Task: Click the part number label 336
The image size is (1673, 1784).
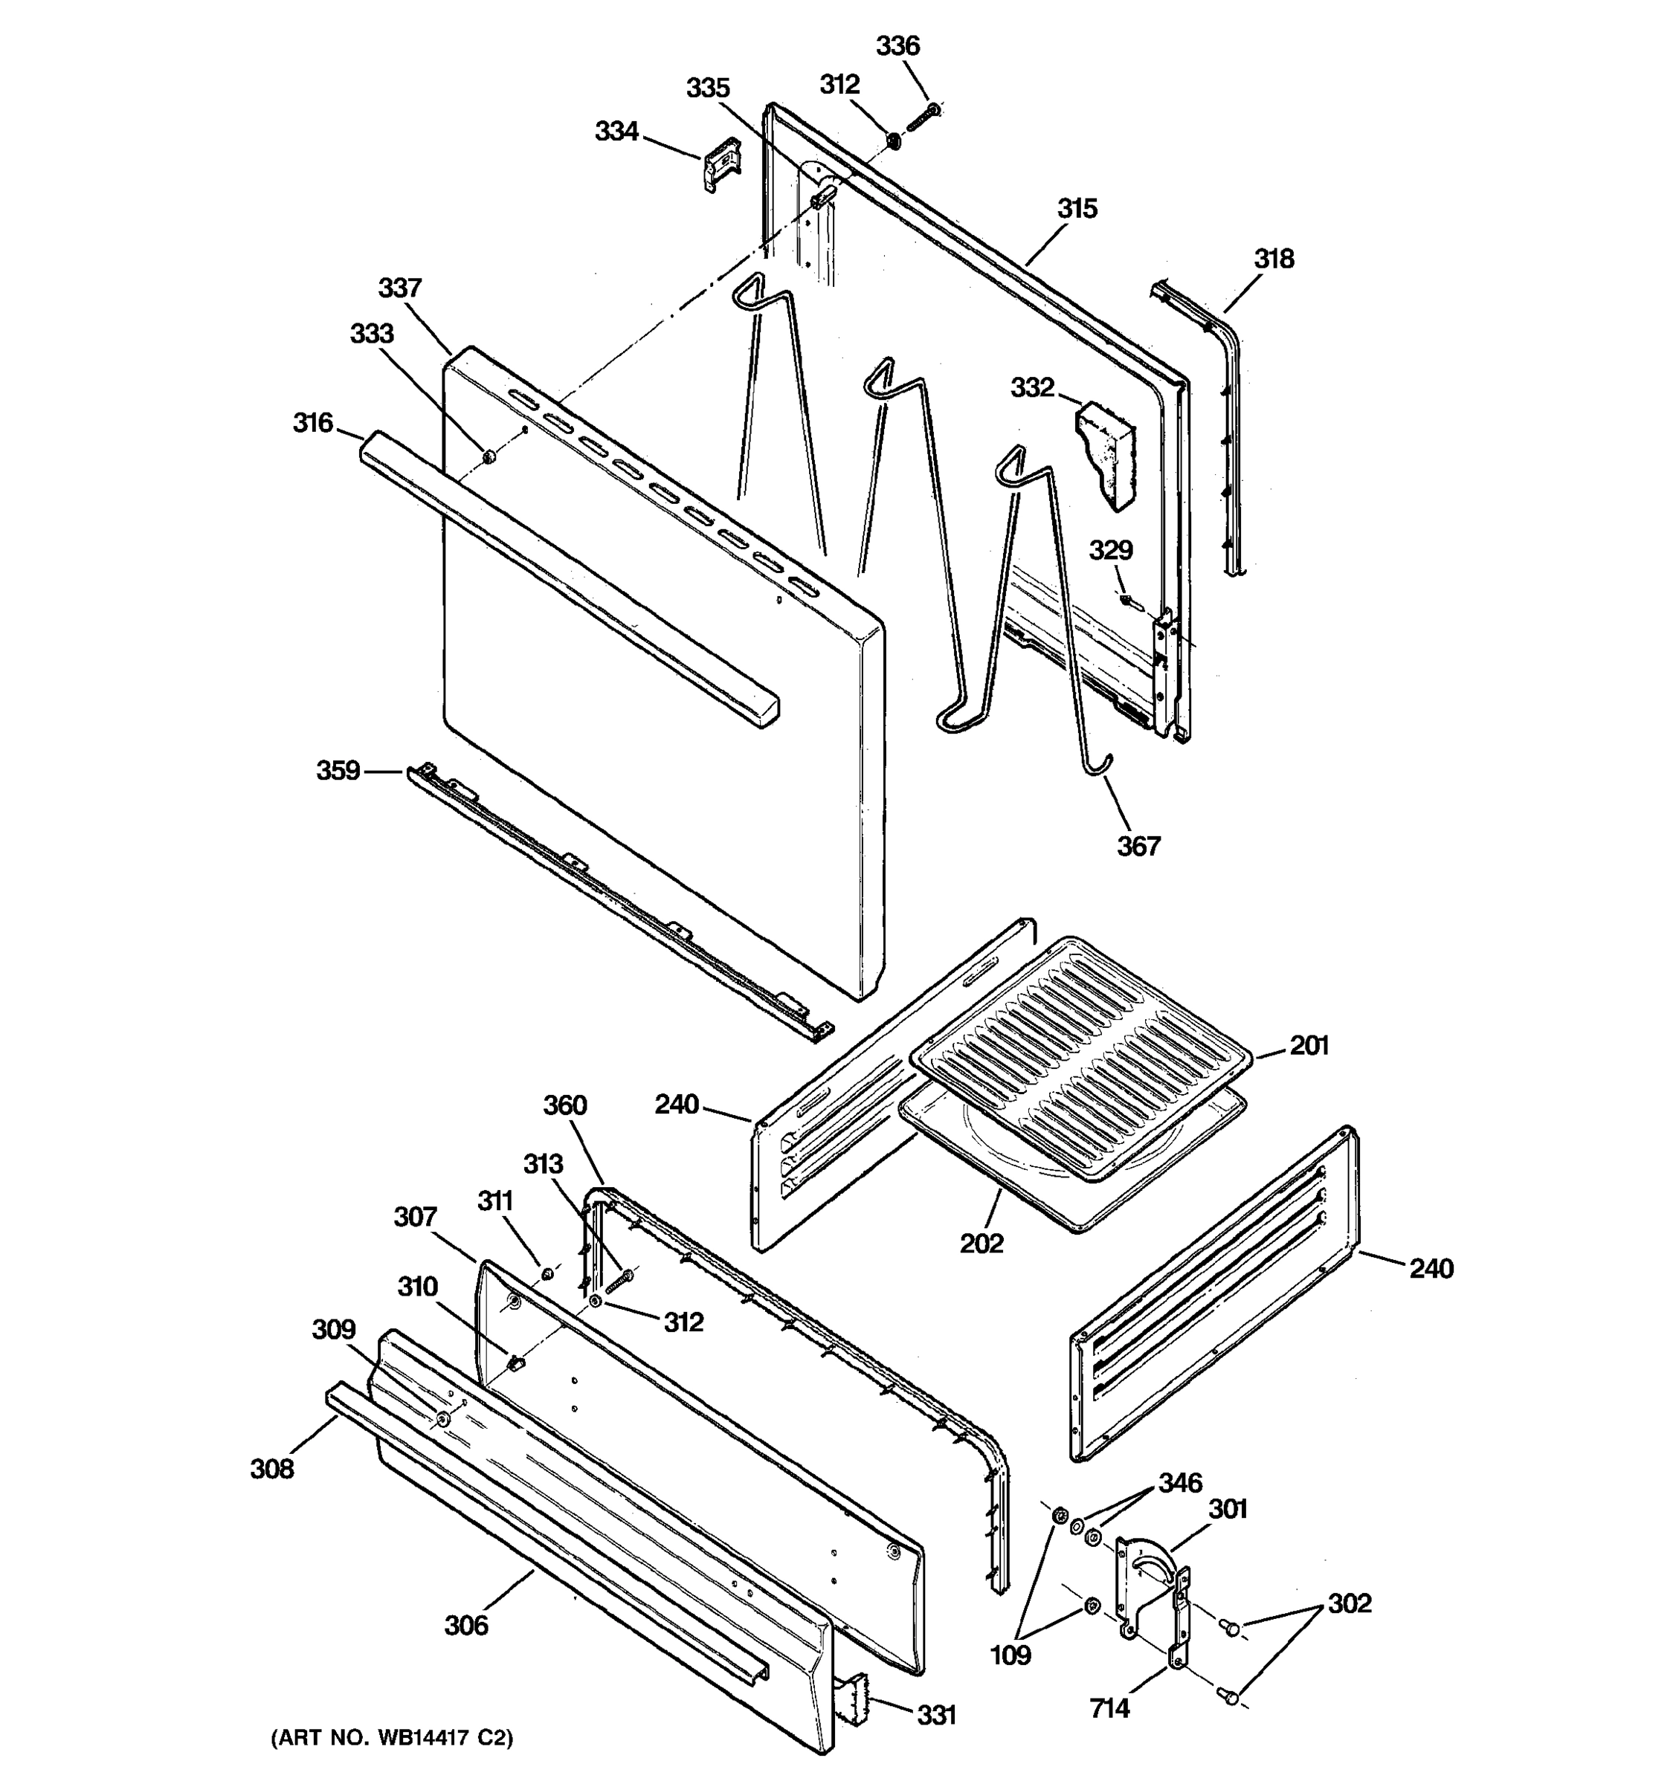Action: (897, 46)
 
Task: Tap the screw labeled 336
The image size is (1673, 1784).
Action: (923, 117)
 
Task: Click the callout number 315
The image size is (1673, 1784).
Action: (1076, 208)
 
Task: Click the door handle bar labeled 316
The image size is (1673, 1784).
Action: (565, 575)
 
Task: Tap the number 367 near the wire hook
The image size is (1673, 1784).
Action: (1138, 845)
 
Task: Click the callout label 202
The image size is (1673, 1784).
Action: (981, 1243)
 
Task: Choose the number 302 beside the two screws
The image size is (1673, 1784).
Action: (1350, 1603)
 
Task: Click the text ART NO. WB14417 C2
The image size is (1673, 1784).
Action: (392, 1738)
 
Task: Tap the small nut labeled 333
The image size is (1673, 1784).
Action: (489, 458)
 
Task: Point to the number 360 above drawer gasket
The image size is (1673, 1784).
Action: (564, 1105)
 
